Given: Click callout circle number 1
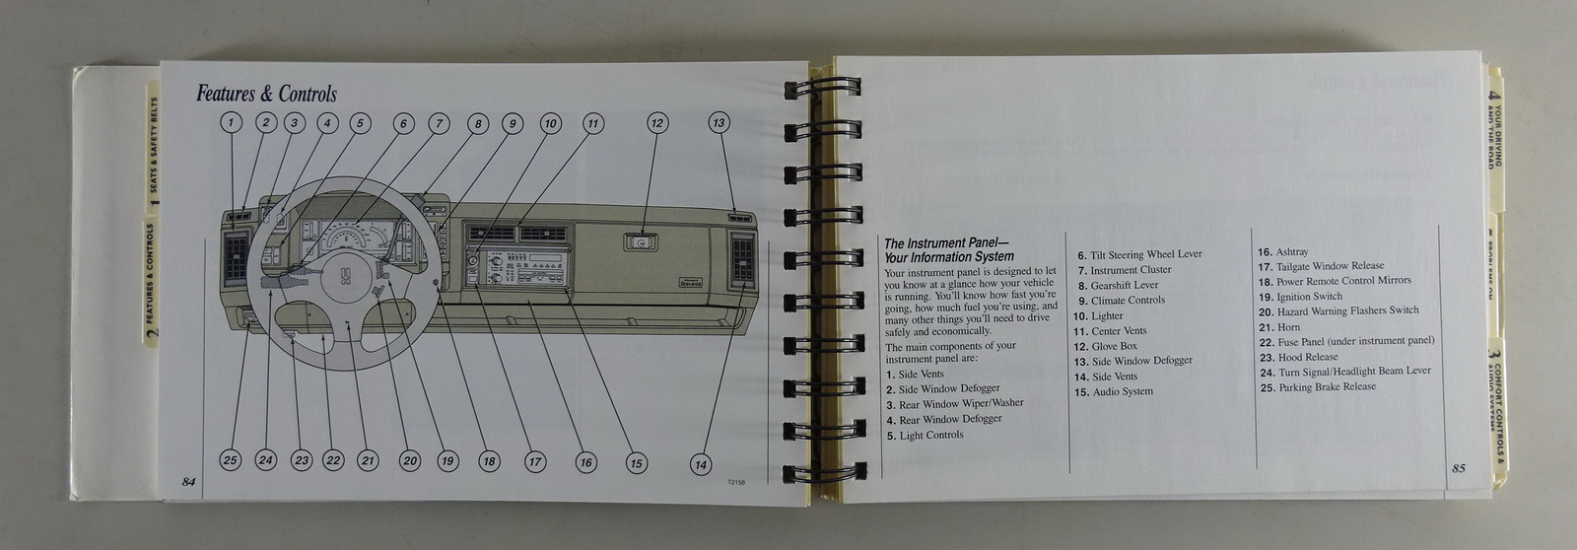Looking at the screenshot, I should [x=230, y=123].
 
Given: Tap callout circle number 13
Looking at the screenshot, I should [x=719, y=123].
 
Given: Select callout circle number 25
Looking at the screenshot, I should [x=230, y=459].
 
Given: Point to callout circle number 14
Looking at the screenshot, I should [x=700, y=465].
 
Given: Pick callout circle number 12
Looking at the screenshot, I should [x=657, y=123].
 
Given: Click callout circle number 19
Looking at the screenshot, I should [x=447, y=460].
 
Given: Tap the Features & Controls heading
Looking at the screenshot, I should [x=266, y=95].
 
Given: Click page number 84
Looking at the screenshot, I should [x=188, y=481].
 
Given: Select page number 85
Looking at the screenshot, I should [x=1458, y=468].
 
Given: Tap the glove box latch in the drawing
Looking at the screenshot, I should [x=641, y=241].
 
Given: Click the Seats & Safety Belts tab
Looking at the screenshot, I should [x=153, y=158].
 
